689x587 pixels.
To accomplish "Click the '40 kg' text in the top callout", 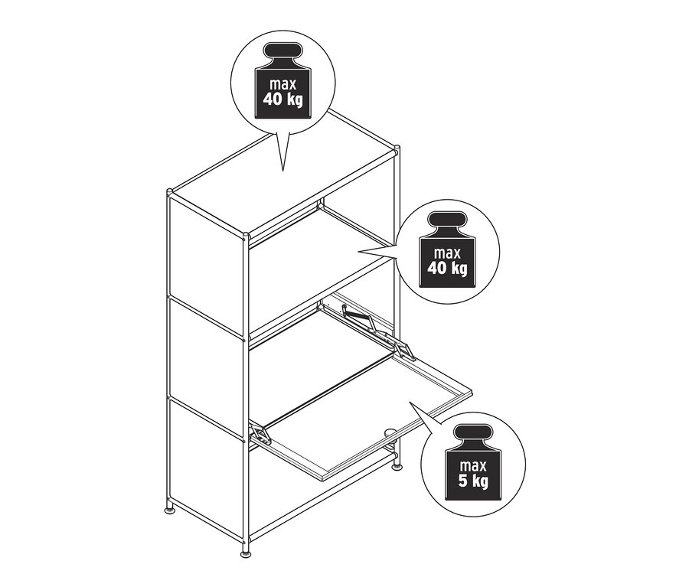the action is click(283, 100).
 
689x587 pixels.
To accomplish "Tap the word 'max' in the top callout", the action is click(283, 84).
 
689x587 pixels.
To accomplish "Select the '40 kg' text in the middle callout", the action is click(447, 269).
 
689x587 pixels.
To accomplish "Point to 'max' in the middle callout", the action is click(447, 253).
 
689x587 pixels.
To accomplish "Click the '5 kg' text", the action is click(473, 481).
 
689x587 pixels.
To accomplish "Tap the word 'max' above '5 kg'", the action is click(473, 465).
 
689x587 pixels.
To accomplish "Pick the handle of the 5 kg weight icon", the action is click(473, 432).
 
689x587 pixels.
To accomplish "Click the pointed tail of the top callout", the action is click(282, 170).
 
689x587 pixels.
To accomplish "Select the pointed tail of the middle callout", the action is click(360, 252).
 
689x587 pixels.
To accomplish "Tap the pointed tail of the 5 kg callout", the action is click(410, 402).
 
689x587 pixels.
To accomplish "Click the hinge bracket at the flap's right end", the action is click(404, 351).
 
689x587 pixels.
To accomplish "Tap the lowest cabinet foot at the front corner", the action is click(247, 553).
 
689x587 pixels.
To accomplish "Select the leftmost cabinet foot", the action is click(169, 510).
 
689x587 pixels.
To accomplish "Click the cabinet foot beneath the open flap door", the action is click(397, 467).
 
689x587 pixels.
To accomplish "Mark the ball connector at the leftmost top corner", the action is click(170, 191).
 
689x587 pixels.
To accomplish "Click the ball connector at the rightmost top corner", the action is click(397, 148).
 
